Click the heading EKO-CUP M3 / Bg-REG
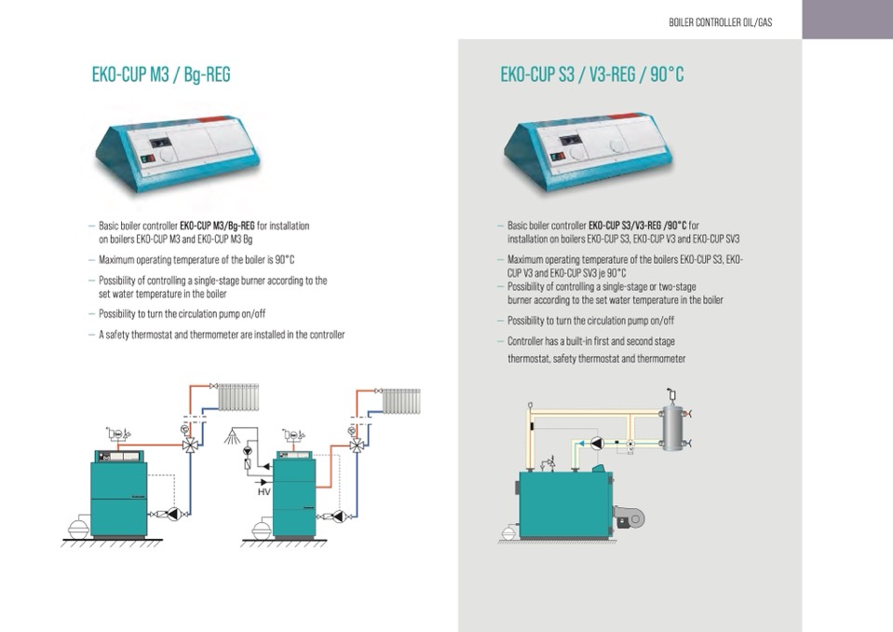pos(160,75)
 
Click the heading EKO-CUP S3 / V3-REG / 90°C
pos(591,75)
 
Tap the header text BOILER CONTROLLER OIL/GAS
pos(720,21)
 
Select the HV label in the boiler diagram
pos(264,490)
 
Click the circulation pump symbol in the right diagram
pos(597,443)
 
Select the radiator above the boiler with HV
pos(401,402)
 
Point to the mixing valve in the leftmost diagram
pos(190,444)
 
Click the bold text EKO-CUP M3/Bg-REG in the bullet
pos(217,226)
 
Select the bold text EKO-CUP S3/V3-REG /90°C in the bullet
pos(638,226)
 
